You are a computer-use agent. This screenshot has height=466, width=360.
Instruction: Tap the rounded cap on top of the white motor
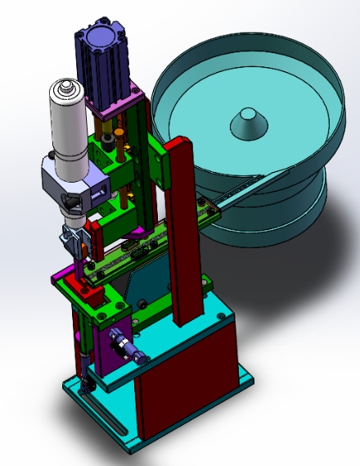(65, 88)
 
